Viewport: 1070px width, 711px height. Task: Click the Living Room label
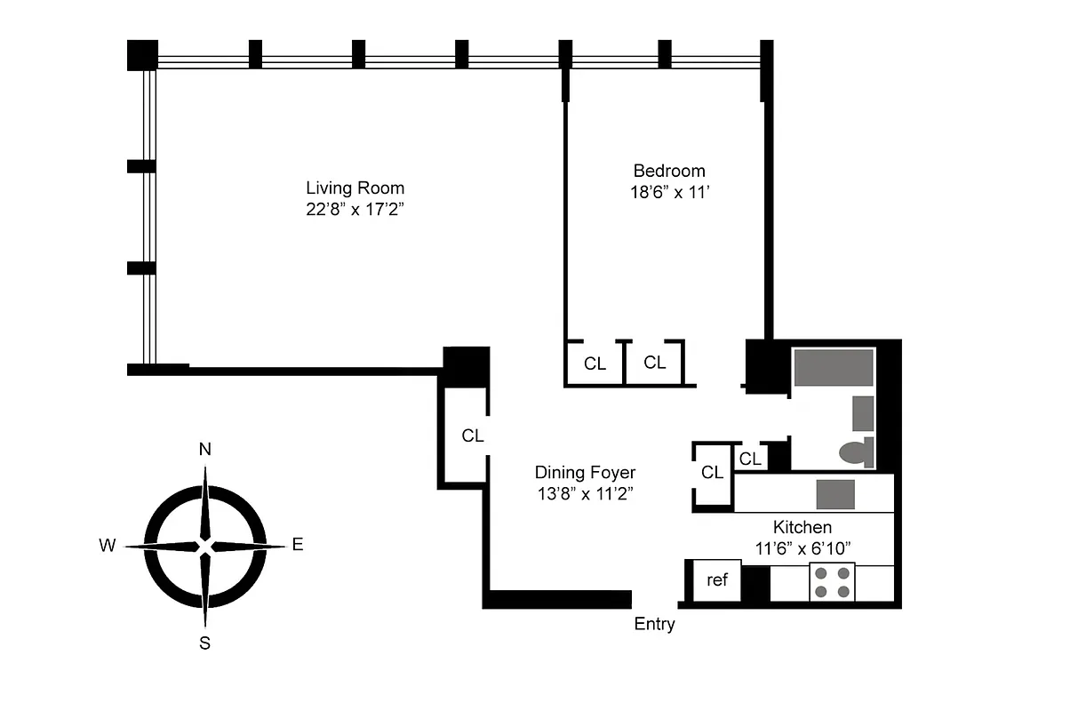tap(355, 188)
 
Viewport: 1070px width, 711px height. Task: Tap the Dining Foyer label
tap(585, 473)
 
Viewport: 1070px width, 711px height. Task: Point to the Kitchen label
tap(802, 527)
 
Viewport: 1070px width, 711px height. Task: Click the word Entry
tap(654, 624)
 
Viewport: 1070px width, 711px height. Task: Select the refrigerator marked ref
tap(716, 580)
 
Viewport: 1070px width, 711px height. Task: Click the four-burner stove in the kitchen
tap(832, 582)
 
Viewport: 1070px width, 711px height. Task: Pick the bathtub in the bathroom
tap(834, 367)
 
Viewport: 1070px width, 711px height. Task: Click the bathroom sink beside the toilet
tap(863, 413)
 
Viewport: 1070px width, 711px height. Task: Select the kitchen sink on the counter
tap(835, 494)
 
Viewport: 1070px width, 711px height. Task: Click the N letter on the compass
tap(204, 449)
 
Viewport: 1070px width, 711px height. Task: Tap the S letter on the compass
tap(204, 643)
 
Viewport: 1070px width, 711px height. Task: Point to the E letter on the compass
tap(298, 546)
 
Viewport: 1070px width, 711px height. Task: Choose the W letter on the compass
tap(108, 546)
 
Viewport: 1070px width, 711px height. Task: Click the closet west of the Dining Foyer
tap(472, 435)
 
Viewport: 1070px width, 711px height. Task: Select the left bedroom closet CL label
tap(595, 363)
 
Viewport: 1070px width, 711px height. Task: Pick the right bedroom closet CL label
tap(655, 363)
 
